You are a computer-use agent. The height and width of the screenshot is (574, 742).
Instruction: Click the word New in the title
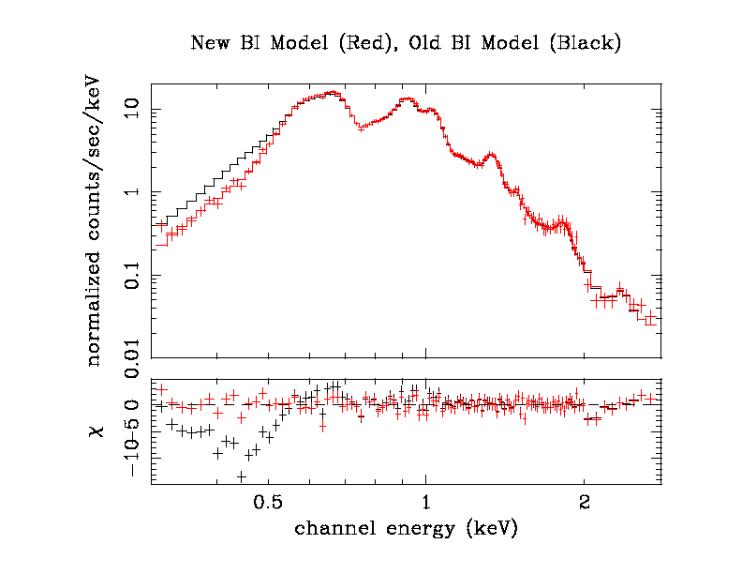coord(207,43)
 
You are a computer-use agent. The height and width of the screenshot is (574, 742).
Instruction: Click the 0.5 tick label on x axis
coord(268,501)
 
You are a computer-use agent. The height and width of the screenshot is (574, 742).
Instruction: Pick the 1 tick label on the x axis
coord(426,501)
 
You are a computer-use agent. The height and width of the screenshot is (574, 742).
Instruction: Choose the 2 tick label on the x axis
coord(584,501)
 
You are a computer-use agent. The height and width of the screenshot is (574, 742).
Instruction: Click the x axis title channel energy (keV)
coord(405,529)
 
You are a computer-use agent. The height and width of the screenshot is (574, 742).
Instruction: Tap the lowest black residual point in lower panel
coord(241,476)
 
